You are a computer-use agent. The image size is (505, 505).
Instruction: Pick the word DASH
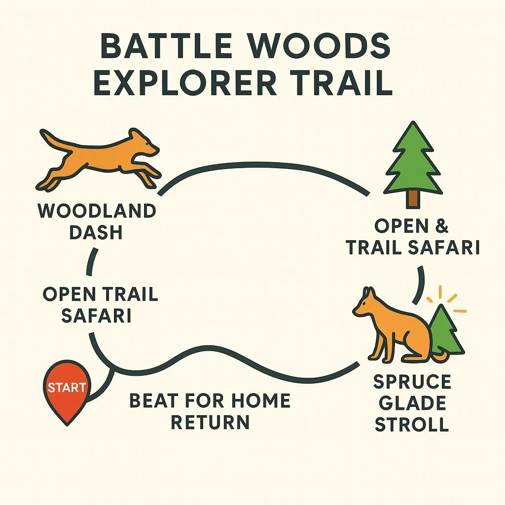(96, 232)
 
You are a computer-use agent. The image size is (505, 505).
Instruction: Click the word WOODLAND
(97, 211)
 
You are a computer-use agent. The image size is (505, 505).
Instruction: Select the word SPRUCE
(412, 382)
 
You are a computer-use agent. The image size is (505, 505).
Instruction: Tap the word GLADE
(410, 403)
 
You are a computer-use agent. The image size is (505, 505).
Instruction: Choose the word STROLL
(412, 424)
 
